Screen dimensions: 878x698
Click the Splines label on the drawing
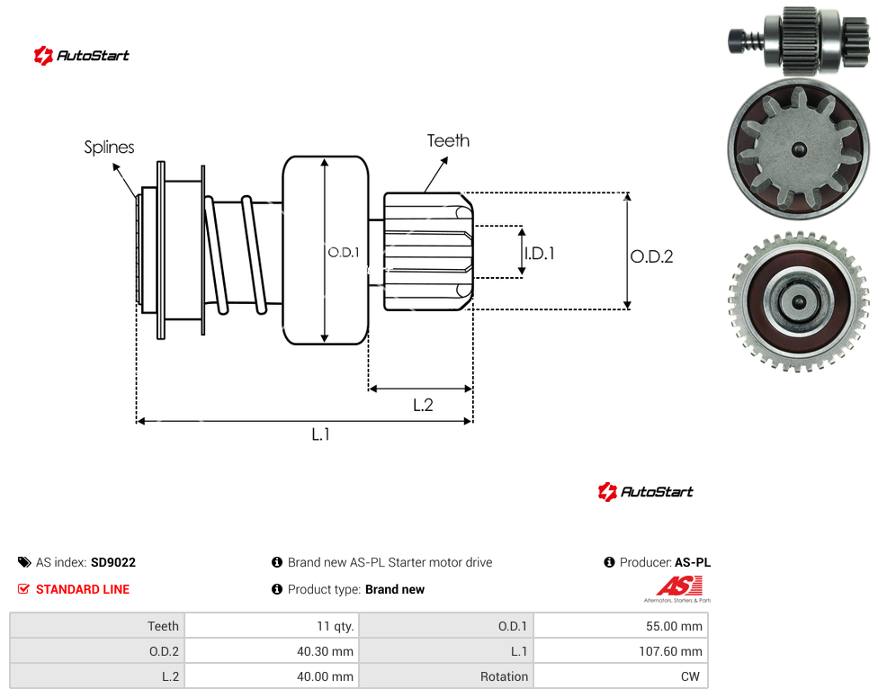pos(109,148)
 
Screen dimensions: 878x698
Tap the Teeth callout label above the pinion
pos(448,140)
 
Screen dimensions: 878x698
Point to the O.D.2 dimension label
pos(652,257)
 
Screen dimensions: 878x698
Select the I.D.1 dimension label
pos(540,254)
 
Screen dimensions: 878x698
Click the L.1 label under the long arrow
pos(321,434)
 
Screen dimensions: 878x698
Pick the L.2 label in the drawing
pos(424,406)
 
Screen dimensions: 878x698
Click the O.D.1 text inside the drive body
pos(344,253)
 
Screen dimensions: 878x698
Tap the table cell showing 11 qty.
pos(273,626)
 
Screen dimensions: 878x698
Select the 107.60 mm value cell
pos(621,651)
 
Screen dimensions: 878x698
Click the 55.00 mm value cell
pos(621,626)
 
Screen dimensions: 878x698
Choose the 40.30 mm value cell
pos(273,651)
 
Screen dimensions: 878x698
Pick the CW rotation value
pos(690,676)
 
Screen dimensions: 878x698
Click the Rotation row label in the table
pos(504,676)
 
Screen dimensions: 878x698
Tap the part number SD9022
pos(113,562)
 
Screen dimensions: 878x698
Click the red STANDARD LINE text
pos(83,589)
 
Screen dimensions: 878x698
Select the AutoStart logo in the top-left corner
pos(81,56)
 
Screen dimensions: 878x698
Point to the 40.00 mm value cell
pos(273,676)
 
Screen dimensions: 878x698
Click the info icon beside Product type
pos(276,589)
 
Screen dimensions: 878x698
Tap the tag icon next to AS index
pos(24,562)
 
